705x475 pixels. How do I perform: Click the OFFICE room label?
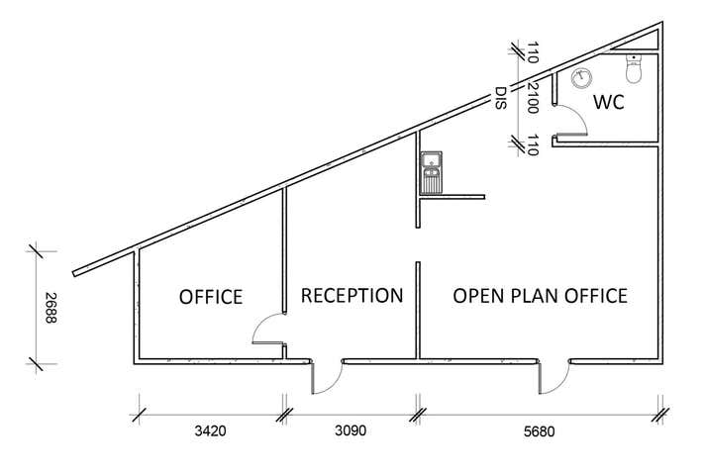[210, 297]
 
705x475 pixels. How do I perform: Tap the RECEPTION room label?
[352, 296]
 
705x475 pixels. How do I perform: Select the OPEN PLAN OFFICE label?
[540, 296]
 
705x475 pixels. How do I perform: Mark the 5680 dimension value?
[540, 432]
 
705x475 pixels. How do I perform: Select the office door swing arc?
[266, 330]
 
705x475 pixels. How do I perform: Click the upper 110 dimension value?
[532, 51]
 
